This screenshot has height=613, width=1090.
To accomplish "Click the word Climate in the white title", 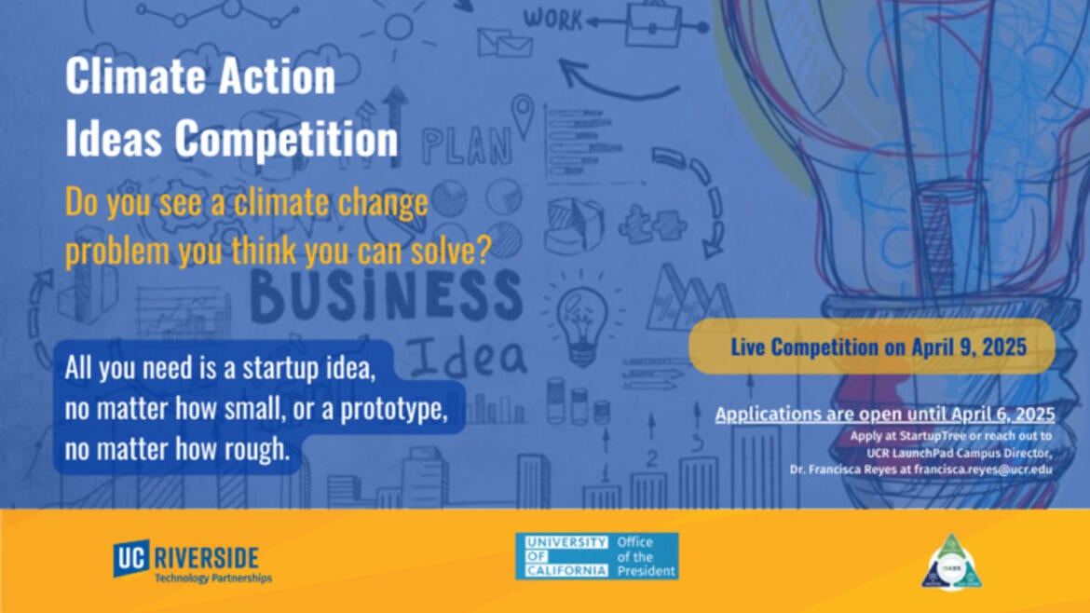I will click(131, 76).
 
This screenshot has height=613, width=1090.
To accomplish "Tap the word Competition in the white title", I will click(287, 139).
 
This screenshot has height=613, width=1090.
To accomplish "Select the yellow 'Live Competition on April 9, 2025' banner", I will click(871, 347).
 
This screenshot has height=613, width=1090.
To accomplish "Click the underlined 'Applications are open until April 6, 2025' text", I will click(884, 414).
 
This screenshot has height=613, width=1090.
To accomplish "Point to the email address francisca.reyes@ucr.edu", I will click(983, 470).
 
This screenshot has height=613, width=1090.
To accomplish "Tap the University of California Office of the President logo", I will click(596, 556).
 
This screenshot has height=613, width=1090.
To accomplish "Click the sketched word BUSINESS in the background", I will click(387, 295).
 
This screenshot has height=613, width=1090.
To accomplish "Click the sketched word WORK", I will click(552, 17).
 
